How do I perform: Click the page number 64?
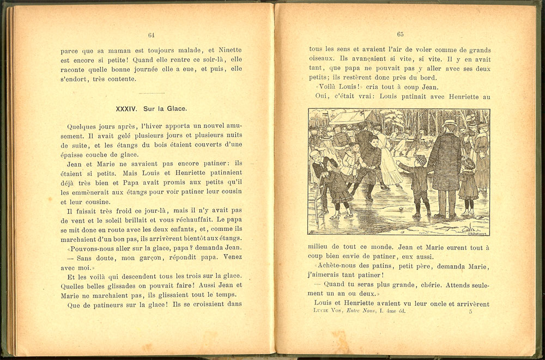tap(151, 35)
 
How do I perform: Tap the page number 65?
tap(400, 34)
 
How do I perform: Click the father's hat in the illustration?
tap(449, 124)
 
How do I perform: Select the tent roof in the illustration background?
tap(349, 117)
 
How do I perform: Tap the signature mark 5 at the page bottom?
tap(470, 312)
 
